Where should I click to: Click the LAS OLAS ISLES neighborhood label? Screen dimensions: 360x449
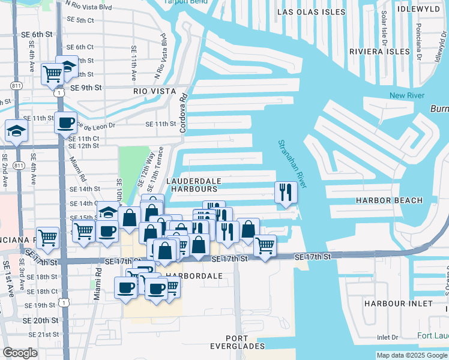pyautogui.click(x=312, y=12)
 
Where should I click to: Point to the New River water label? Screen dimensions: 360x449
pyautogui.click(x=406, y=95)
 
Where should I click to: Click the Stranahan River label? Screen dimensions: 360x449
pyautogui.click(x=292, y=163)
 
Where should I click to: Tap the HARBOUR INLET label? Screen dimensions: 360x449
pyautogui.click(x=397, y=304)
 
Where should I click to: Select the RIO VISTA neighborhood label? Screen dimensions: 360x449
pyautogui.click(x=154, y=91)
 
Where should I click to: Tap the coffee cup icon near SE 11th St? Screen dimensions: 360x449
pyautogui.click(x=65, y=123)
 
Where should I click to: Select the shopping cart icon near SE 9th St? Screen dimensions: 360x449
pyautogui.click(x=52, y=74)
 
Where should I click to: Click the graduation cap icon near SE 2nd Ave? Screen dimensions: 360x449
pyautogui.click(x=16, y=131)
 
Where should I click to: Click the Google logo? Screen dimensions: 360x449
pyautogui.click(x=20, y=353)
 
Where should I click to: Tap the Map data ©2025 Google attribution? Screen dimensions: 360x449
pyautogui.click(x=411, y=355)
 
